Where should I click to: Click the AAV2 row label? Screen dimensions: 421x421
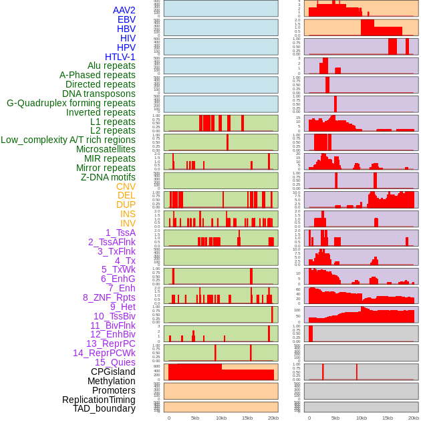coord(124,10)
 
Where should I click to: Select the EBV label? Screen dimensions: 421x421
coord(126,19)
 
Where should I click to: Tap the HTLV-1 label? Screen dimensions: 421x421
coord(120,57)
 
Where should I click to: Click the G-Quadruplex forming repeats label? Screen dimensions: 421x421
coord(71,103)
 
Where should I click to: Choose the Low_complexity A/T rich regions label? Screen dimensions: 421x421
coord(68,140)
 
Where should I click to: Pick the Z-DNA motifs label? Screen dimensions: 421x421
coord(108,177)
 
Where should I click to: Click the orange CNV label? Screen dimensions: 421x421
coord(126,186)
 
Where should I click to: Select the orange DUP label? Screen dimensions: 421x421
coord(126,204)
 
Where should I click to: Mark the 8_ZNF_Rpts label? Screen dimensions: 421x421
coord(109,297)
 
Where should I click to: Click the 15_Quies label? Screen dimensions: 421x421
coord(115,362)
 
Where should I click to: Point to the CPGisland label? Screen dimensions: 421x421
coord(113,372)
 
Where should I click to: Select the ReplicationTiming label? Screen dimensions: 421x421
coord(99,400)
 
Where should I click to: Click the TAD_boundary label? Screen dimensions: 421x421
coord(104,408)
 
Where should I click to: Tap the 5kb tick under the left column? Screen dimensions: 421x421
coord(195,418)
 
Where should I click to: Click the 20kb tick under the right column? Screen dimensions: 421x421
coord(414,418)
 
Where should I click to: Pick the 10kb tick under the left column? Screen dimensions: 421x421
coord(221,418)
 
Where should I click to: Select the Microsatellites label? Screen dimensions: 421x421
coord(106,149)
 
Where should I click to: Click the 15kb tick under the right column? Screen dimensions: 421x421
coord(388,418)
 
